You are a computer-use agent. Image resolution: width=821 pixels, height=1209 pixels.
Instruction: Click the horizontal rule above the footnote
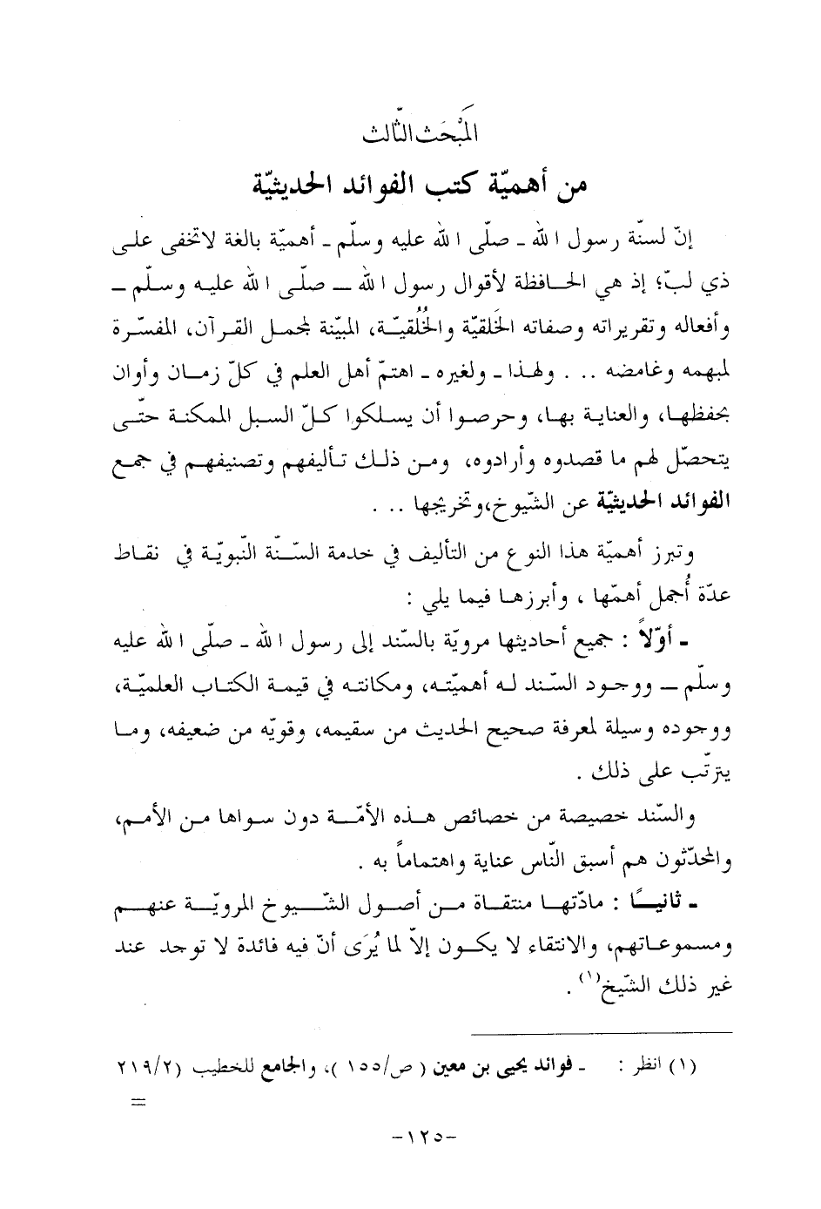(602, 1033)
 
